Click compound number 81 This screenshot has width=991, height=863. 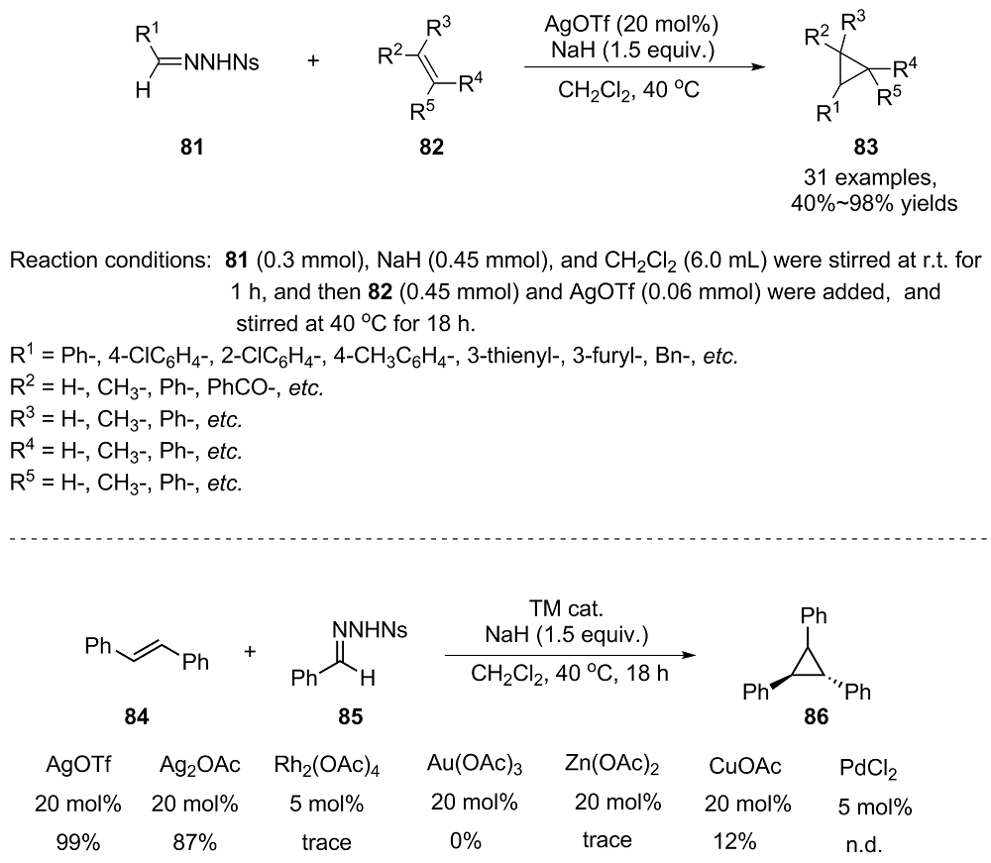(x=192, y=148)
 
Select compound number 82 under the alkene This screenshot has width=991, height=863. (x=432, y=148)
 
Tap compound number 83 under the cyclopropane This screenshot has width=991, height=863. (x=866, y=148)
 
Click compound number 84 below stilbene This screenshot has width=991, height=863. (x=137, y=717)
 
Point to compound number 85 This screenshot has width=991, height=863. (x=351, y=717)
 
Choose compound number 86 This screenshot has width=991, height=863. (x=816, y=717)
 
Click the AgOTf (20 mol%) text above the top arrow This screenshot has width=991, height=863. (x=631, y=25)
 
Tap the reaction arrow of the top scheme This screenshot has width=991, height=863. (x=645, y=67)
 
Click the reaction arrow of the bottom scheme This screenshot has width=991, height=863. (x=570, y=655)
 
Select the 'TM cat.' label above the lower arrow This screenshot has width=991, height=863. (x=566, y=608)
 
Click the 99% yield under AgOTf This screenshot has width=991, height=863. (x=77, y=842)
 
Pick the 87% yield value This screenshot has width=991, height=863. (x=194, y=842)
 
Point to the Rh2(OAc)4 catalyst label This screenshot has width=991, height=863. (x=327, y=766)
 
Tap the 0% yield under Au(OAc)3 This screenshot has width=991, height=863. (x=466, y=841)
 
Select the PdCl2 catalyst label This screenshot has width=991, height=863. (x=868, y=769)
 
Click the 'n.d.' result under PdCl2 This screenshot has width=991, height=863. (x=864, y=845)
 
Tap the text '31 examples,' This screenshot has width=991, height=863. (x=870, y=177)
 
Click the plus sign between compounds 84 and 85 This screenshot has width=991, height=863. (x=251, y=651)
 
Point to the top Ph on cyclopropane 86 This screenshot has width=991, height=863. (x=814, y=615)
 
